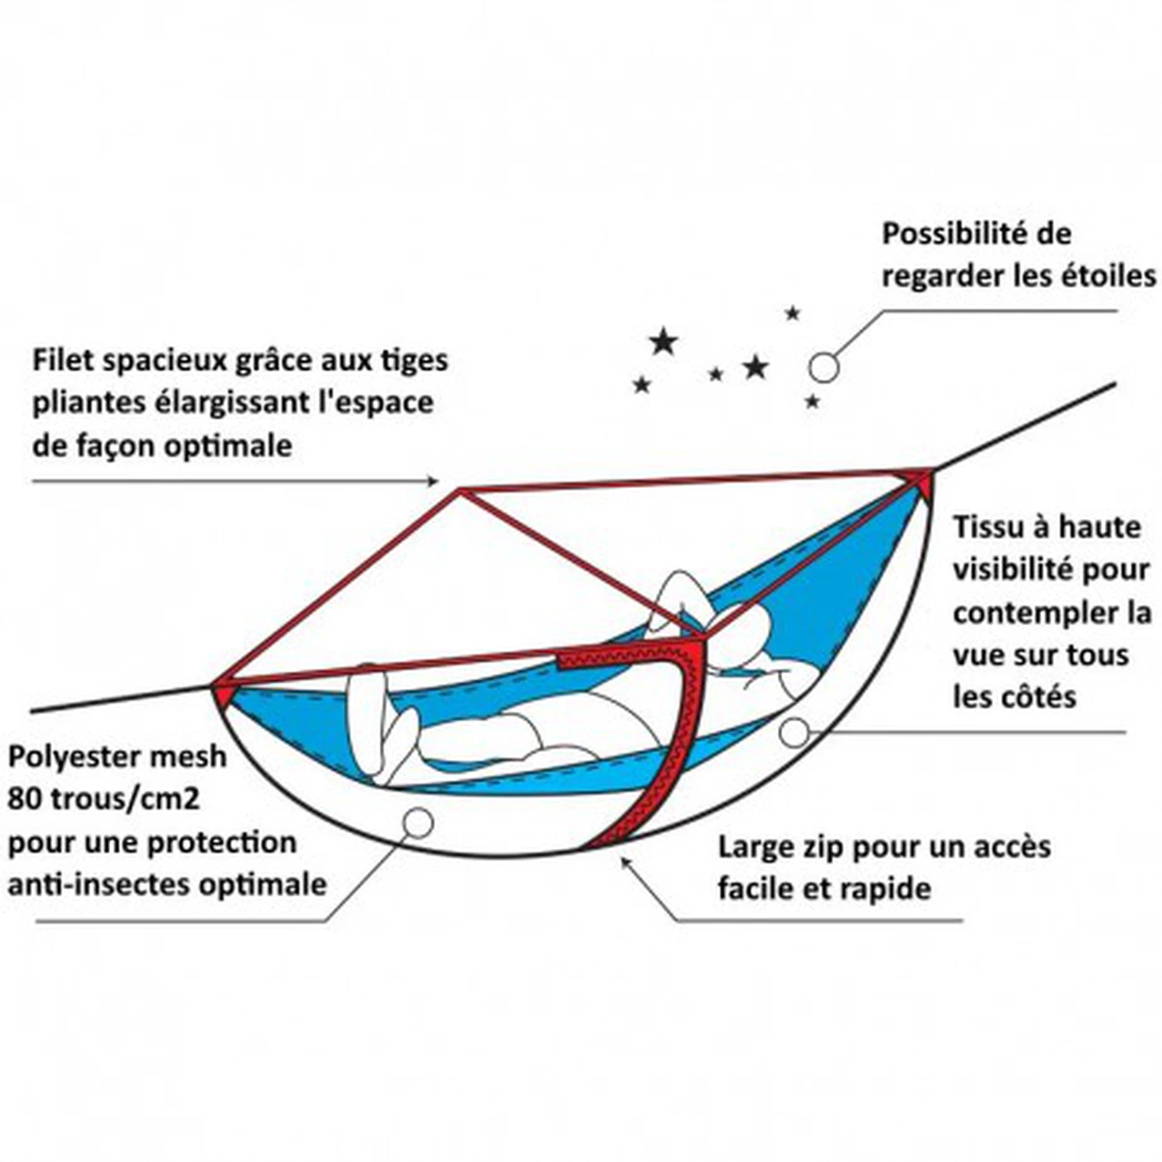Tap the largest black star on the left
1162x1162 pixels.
662,341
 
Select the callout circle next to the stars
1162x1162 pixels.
823,366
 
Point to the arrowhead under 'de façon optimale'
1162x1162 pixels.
433,481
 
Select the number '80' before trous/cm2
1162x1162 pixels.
22,798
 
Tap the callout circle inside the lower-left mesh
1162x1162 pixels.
418,821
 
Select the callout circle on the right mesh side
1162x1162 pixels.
793,732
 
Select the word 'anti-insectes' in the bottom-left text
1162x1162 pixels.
88,885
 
